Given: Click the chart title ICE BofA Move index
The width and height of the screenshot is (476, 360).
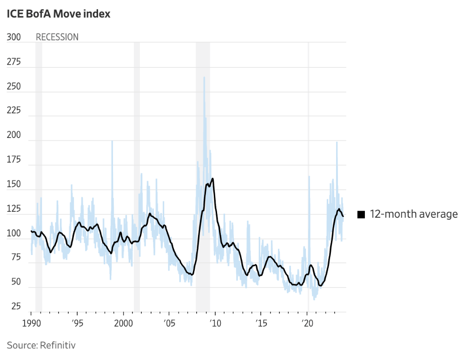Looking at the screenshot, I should click(x=59, y=14).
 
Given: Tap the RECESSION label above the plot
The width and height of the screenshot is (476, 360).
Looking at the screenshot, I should click(x=57, y=37).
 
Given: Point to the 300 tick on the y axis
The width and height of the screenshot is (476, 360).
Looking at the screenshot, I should click(x=14, y=37).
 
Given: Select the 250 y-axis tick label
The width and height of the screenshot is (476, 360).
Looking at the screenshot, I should click(x=14, y=86).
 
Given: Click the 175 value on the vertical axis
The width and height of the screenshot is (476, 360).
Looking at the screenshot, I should click(x=14, y=160).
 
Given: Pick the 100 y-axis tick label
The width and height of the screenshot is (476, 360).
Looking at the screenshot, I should click(x=14, y=233).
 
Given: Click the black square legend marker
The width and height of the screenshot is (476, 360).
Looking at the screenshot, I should click(x=361, y=214).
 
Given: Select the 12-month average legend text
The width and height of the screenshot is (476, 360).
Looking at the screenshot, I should click(x=414, y=214).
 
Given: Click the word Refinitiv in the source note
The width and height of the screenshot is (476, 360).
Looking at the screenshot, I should click(x=58, y=345).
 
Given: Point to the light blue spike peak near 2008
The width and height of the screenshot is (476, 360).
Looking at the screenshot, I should click(x=204, y=78).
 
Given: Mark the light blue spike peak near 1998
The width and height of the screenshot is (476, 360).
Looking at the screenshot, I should click(x=112, y=141).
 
